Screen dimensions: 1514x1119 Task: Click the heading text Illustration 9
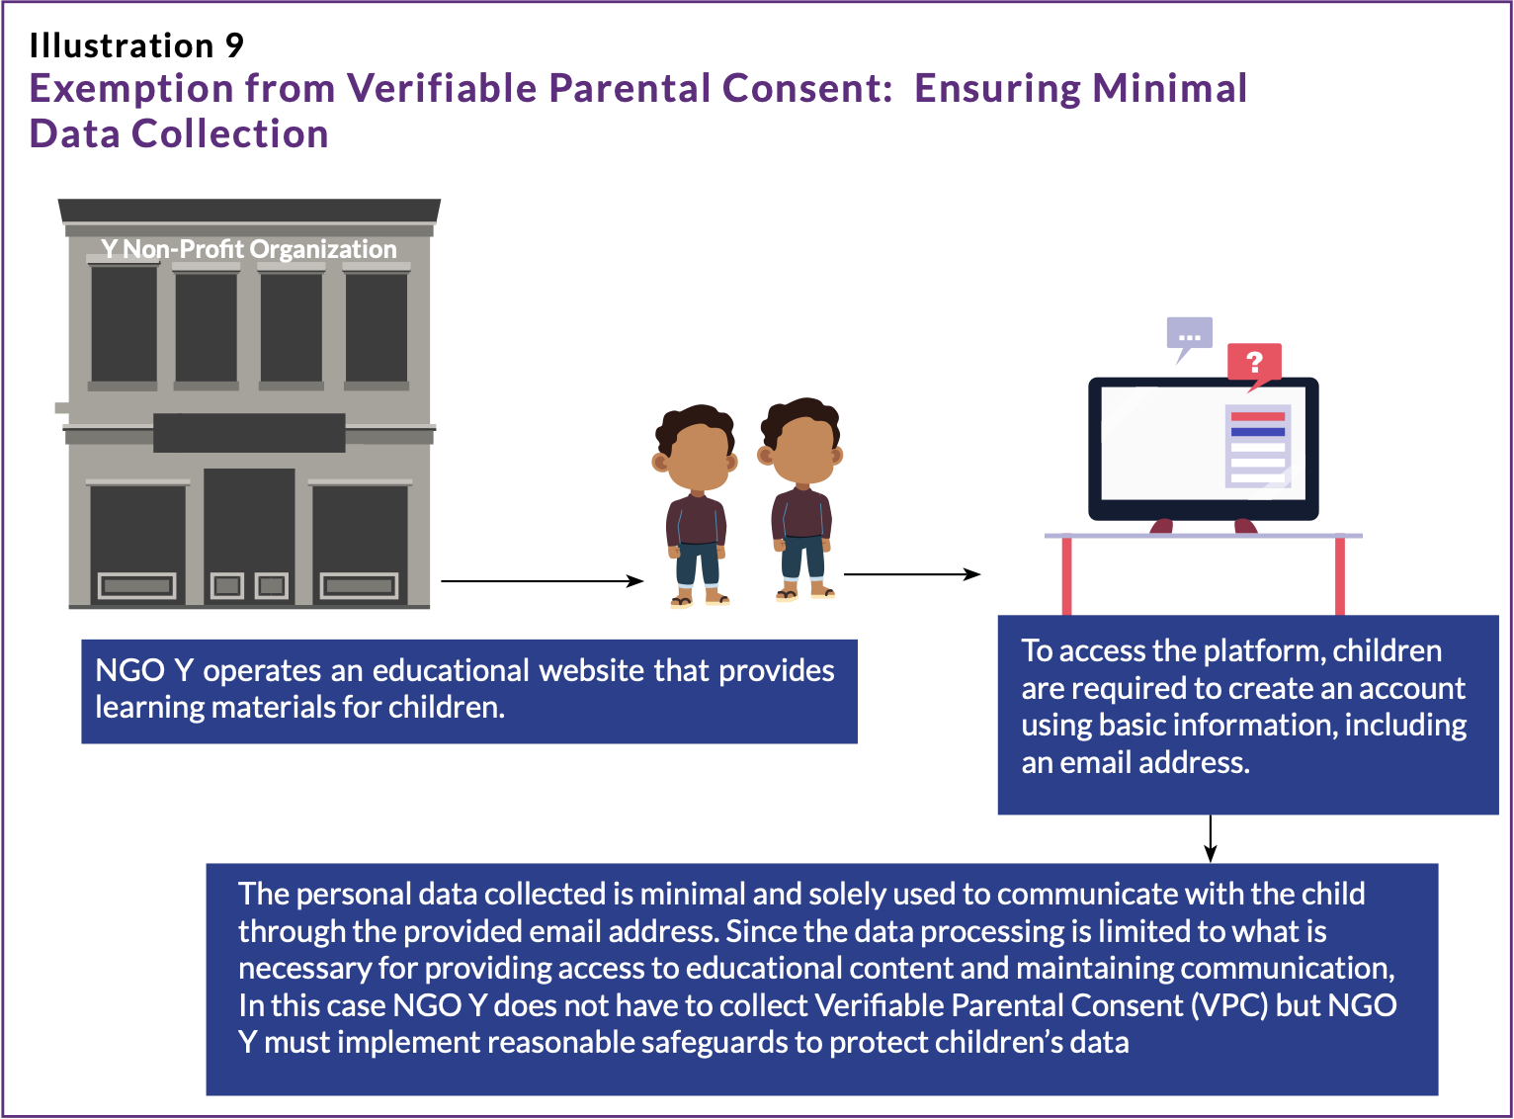pos(135,45)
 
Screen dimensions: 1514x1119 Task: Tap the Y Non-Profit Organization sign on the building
pos(248,249)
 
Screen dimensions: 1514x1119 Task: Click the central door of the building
pos(249,536)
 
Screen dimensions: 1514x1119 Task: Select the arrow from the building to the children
pos(542,581)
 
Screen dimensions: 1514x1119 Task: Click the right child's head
pos(800,440)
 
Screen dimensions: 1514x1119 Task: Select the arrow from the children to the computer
pos(912,574)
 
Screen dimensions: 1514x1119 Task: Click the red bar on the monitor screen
pos(1257,416)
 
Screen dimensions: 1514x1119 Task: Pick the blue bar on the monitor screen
pos(1257,432)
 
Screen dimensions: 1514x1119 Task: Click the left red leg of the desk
pos(1066,575)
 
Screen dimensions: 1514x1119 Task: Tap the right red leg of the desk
pos(1339,575)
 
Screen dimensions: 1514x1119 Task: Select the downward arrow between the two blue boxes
pos(1211,838)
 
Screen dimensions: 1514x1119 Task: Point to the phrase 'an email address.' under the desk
pos(1135,762)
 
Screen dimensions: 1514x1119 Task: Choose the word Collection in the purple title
pos(229,133)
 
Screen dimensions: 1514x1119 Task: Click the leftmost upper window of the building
pos(124,324)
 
